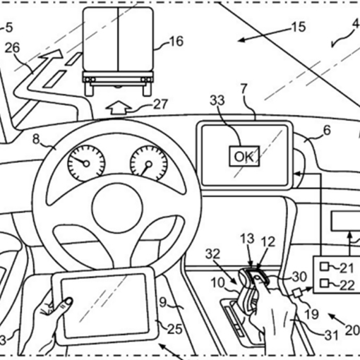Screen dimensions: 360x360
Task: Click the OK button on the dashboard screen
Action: [x=244, y=156]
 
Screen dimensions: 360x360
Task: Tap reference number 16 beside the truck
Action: [x=176, y=42]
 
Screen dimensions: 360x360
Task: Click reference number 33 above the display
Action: [x=217, y=100]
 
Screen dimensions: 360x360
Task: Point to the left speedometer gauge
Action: [x=86, y=163]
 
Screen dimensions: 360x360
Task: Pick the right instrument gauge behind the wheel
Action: [x=149, y=163]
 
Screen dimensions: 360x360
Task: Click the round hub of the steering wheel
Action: [x=118, y=207]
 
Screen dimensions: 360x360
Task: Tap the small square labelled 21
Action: [x=324, y=267]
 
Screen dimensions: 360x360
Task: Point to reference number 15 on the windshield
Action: [x=299, y=27]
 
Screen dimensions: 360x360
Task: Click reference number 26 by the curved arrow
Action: [x=13, y=48]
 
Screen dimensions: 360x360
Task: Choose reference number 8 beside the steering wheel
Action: [x=36, y=139]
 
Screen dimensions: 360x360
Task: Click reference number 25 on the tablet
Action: [x=175, y=329]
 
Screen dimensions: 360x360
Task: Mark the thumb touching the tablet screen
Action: [x=66, y=303]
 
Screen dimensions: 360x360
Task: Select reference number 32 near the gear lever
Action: [x=212, y=254]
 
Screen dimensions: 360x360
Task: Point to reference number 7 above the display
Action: [x=244, y=89]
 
